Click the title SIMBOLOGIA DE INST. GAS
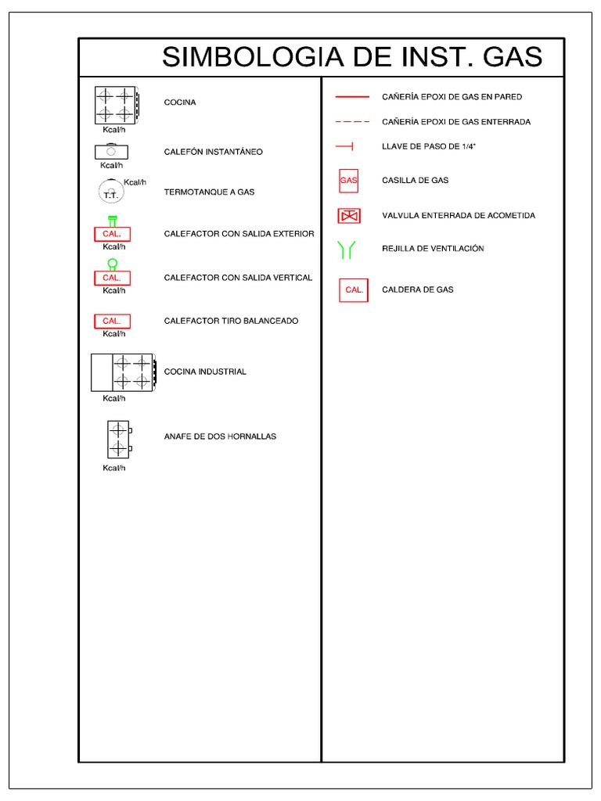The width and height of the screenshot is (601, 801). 351,58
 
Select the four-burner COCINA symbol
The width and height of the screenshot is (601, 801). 115,104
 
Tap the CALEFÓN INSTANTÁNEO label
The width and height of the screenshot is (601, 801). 213,152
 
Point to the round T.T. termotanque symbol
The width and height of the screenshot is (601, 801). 110,192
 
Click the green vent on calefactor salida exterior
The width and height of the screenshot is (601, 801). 113,221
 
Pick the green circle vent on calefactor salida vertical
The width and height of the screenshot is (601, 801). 113,264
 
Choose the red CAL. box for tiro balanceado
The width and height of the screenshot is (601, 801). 112,321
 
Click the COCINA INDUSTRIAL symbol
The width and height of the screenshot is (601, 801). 123,372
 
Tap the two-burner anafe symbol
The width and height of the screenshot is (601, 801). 119,439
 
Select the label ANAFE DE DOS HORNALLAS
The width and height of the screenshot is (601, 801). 220,436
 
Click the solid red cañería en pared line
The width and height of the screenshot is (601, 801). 352,97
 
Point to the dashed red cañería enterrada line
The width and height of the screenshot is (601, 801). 352,122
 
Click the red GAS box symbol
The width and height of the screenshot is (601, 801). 348,180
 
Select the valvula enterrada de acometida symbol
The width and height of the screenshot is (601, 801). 348,215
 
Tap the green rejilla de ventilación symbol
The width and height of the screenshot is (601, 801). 347,250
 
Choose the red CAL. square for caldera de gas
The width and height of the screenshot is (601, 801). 354,289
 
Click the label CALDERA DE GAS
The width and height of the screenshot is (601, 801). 418,289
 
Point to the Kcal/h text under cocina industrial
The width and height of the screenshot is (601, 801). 114,398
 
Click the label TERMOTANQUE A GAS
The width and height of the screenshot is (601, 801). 209,192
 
